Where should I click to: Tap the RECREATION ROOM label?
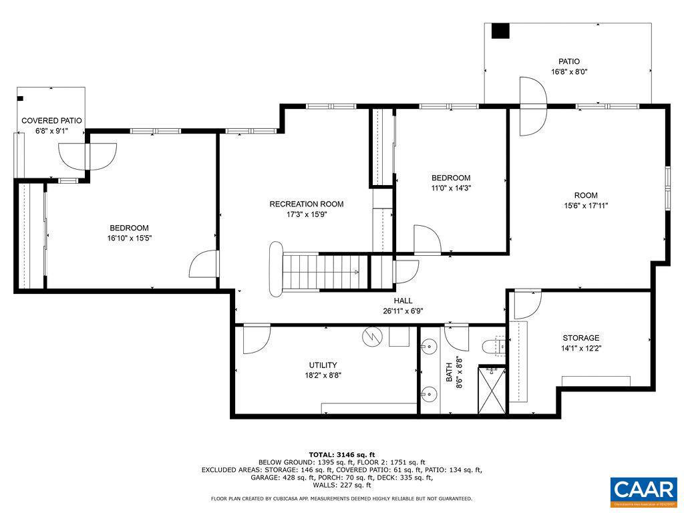coord(306,204)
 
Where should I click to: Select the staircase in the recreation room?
coord(319,272)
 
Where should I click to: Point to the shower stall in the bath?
coord(492,389)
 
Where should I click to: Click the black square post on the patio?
coord(500,31)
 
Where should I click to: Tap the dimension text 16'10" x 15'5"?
coord(129,238)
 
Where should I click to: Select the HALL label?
coord(403,301)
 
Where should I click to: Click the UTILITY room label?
coord(323,365)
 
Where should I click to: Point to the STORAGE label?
coord(580,338)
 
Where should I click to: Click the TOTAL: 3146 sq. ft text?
coord(341,454)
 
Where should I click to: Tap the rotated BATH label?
coord(449,371)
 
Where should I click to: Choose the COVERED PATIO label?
coord(51,121)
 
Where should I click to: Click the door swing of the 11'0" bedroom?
coord(425,239)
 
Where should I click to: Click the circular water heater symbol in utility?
coord(371,337)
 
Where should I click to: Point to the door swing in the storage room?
coord(527,305)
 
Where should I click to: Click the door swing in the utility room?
coord(256,339)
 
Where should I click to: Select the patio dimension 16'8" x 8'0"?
coord(569,71)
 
